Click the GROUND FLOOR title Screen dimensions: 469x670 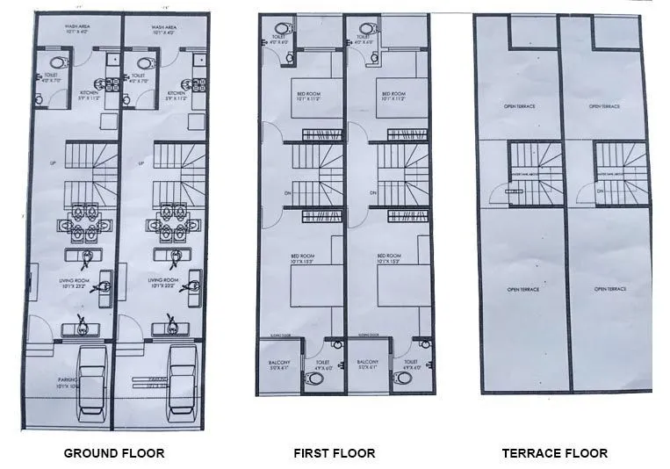pos(114,453)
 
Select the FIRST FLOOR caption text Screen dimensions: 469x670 pos(334,453)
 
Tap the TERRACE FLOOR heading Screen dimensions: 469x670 pos(554,453)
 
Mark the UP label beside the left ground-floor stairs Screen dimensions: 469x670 pos(54,163)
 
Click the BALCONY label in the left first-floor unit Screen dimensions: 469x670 pos(279,364)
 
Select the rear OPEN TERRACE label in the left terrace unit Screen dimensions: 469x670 pos(520,106)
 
